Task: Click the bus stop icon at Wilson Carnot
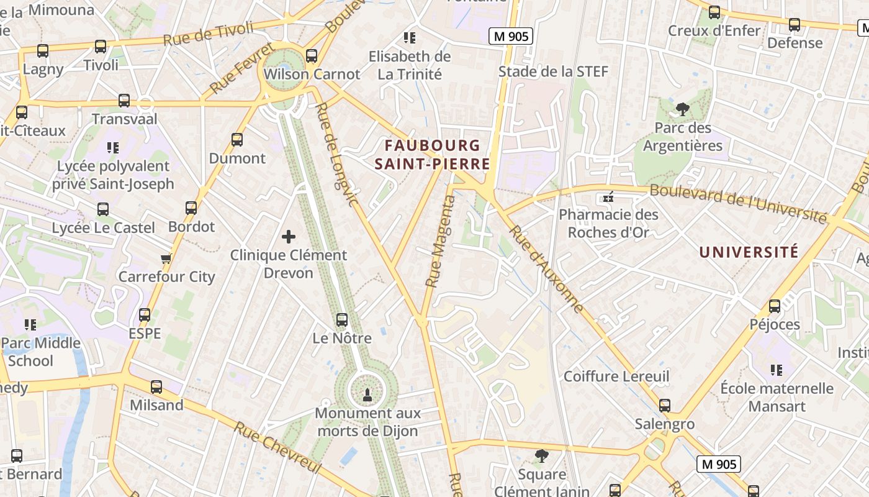coord(312,56)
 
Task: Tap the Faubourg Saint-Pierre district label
coord(433,155)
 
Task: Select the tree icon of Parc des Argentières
coord(683,110)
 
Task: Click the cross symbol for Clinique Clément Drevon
coord(289,237)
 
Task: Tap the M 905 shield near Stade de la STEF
coord(511,37)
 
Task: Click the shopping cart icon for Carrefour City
coord(166,258)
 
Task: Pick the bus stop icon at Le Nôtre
coord(341,320)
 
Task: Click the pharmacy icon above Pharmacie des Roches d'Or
coord(608,197)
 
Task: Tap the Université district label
coord(749,252)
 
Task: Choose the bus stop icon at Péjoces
coord(775,306)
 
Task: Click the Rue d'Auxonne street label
coord(546,268)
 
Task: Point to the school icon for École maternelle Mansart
coord(776,370)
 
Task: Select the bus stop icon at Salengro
coord(665,406)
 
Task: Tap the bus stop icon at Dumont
coord(237,140)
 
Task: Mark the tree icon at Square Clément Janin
coord(541,456)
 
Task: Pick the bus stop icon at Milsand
coord(156,387)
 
